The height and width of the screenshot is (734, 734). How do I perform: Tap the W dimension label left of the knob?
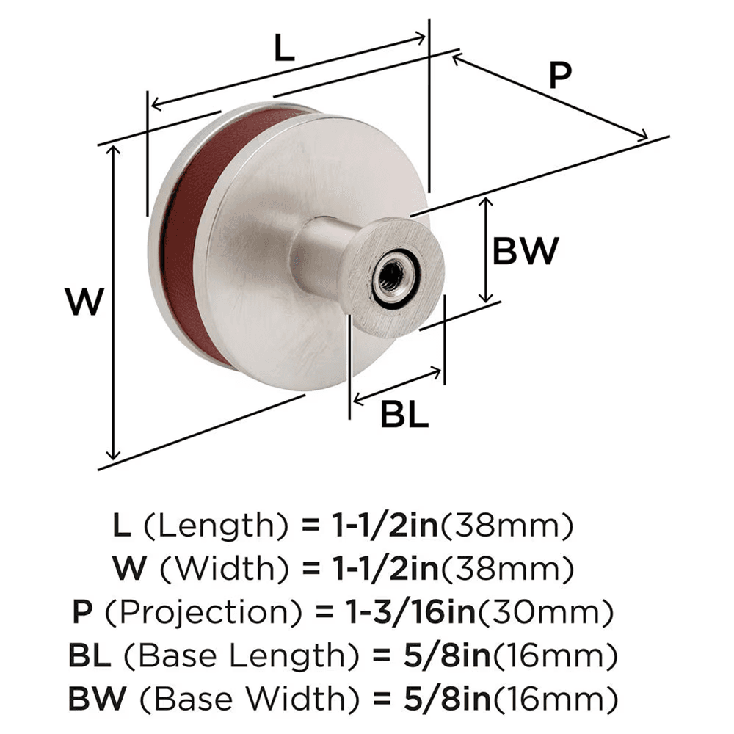point(81,301)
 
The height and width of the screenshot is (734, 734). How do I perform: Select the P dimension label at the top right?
point(559,76)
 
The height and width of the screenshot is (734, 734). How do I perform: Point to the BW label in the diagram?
point(525,252)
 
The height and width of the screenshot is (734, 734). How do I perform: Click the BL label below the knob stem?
point(404,416)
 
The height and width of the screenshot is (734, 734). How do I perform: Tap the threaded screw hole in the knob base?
point(388,277)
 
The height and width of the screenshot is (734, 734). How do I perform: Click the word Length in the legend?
point(218,526)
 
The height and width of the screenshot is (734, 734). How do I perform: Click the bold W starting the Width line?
point(126,568)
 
